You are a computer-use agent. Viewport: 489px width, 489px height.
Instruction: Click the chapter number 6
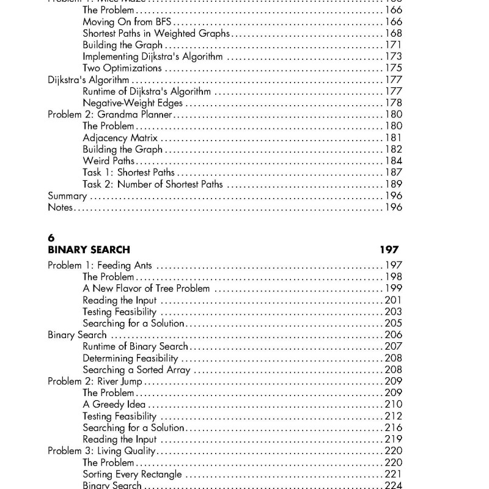point(51,237)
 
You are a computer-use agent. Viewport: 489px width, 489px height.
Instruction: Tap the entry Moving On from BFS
point(125,22)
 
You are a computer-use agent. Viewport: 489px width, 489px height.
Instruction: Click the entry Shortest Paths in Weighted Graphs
point(156,34)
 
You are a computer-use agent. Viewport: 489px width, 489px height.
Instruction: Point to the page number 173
point(393,57)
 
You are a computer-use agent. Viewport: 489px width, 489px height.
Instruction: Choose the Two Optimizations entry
point(122,68)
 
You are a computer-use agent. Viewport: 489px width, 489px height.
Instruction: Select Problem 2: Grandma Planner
point(110,115)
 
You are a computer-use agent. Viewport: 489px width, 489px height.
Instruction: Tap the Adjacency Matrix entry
point(120,138)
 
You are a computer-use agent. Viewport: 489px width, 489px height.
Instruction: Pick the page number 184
point(393,161)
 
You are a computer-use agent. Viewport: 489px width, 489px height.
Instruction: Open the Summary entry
point(67,196)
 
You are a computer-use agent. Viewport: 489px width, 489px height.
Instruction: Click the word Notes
point(60,208)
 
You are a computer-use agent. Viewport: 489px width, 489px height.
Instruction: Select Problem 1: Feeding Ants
point(100,265)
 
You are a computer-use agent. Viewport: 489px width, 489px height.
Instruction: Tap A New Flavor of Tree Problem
point(146,289)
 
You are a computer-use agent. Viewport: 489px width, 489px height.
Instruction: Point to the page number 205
point(393,323)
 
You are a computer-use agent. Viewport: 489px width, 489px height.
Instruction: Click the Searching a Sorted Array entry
point(136,370)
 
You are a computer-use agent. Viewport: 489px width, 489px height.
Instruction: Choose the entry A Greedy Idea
point(114,405)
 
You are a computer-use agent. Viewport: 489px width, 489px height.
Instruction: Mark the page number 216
point(393,428)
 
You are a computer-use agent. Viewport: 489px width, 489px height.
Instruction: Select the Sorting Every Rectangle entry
point(132,474)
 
